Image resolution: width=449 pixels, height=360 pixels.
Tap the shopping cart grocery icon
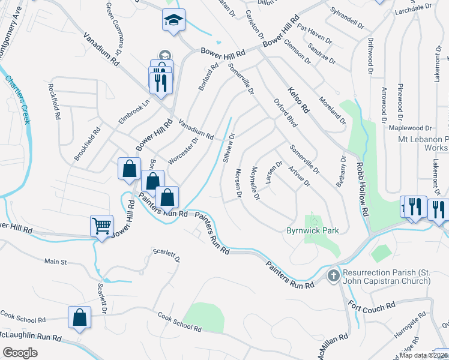[x=101, y=226]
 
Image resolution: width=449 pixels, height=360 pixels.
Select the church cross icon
[x=333, y=276]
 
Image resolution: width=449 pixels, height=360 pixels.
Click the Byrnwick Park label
[x=312, y=230]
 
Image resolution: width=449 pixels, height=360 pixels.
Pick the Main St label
[x=55, y=262]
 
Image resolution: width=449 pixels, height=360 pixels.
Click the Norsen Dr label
[x=238, y=183]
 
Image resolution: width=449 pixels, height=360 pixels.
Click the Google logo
[x=20, y=353]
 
